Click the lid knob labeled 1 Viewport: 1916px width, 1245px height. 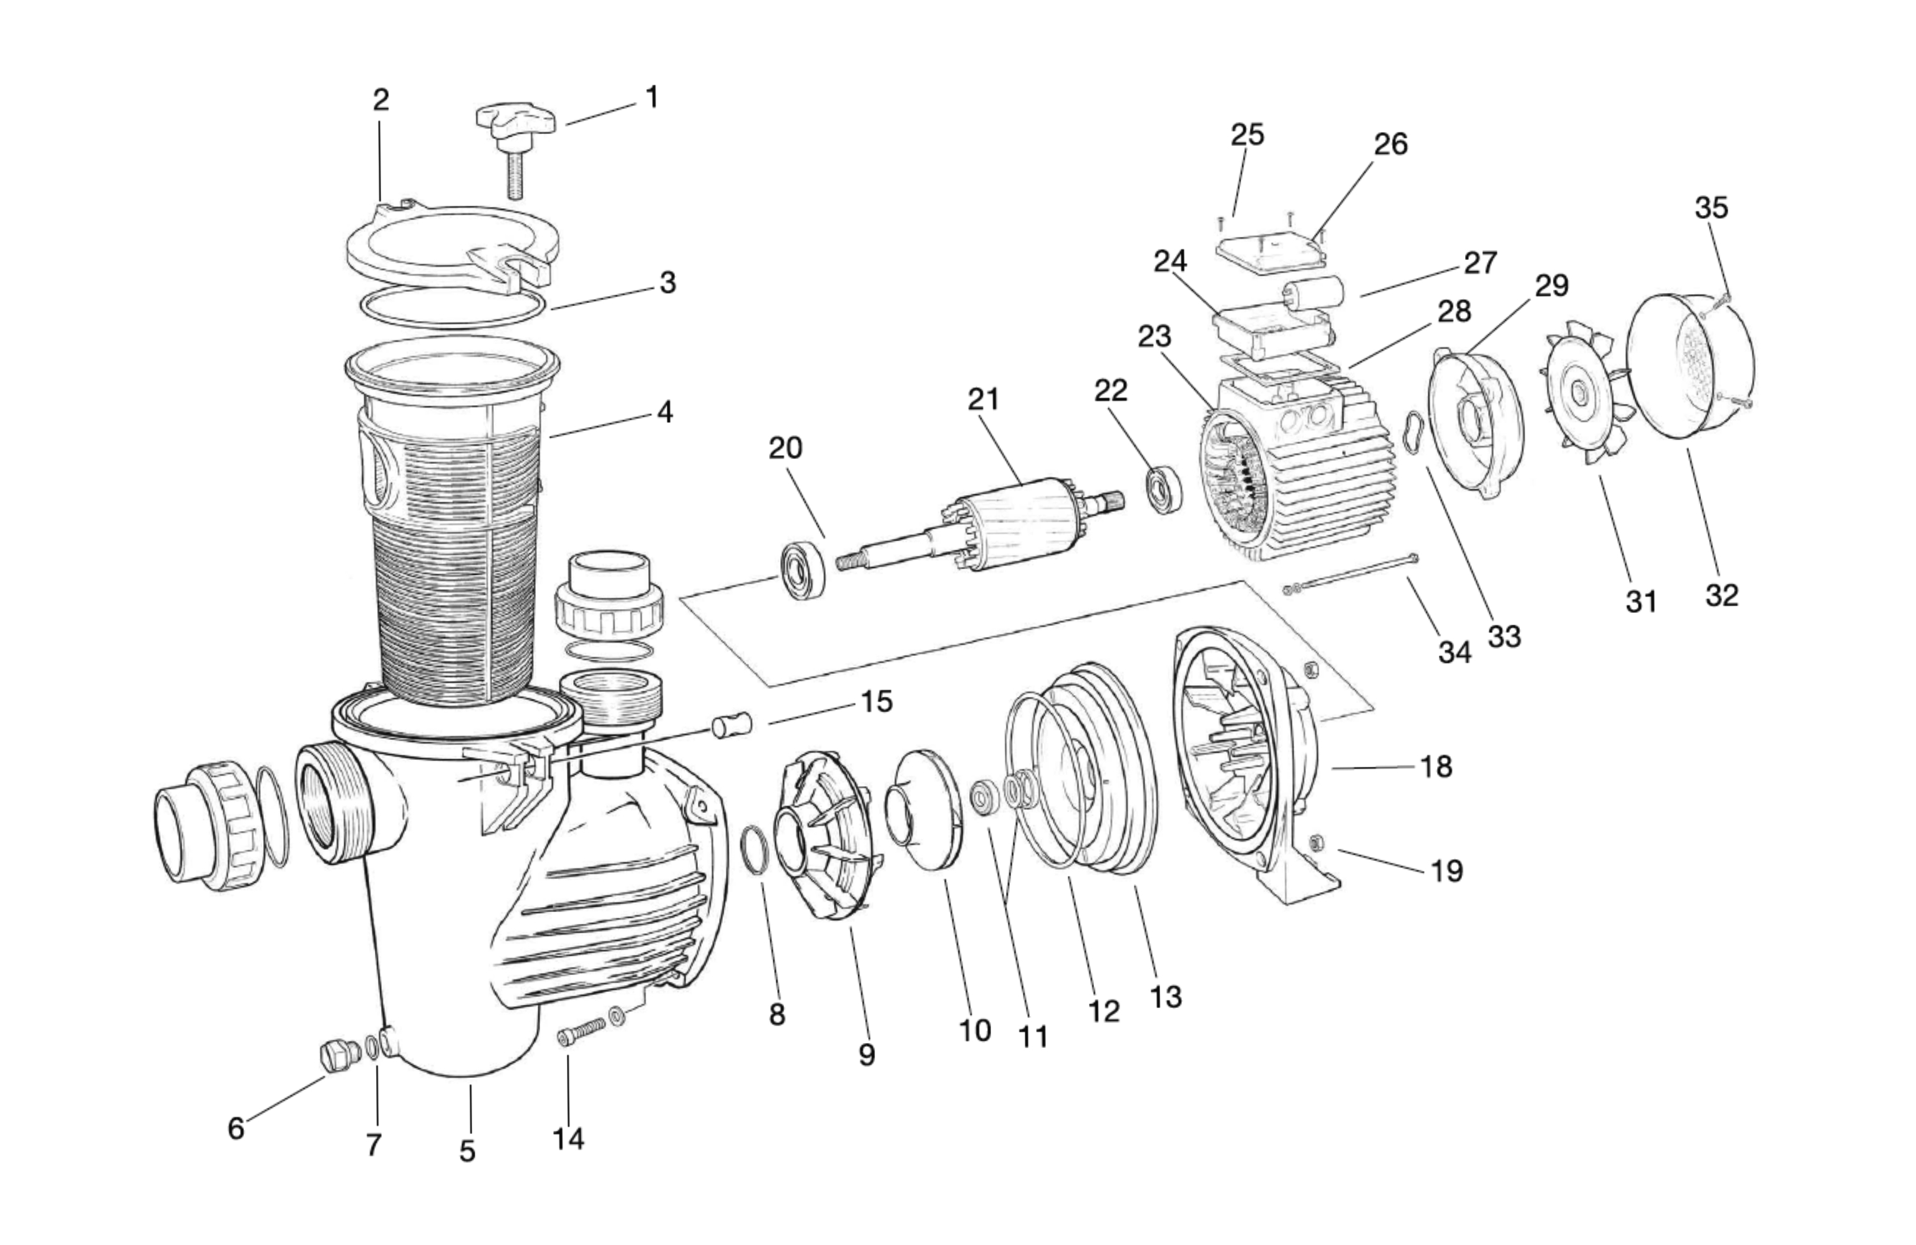pyautogui.click(x=515, y=125)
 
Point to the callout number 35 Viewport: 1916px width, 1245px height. pyautogui.click(x=1711, y=208)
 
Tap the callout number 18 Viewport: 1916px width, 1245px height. pyautogui.click(x=1436, y=767)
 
